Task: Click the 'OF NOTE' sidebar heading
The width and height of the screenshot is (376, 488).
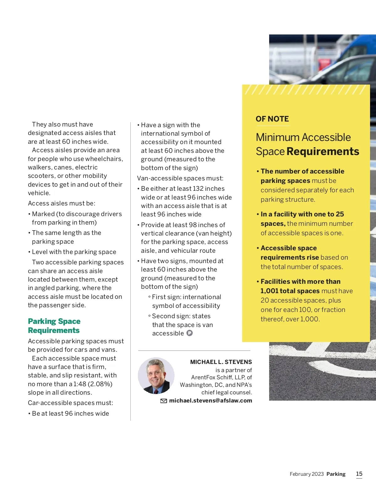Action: [272, 119]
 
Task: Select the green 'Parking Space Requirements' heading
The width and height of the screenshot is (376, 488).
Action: [54, 326]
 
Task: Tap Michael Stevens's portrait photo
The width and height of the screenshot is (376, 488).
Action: [156, 376]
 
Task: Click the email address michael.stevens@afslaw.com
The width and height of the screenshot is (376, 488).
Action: [211, 401]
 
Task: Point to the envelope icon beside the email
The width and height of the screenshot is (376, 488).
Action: [164, 401]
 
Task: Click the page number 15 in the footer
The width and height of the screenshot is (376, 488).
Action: [359, 474]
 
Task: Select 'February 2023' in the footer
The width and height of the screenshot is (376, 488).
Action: [306, 474]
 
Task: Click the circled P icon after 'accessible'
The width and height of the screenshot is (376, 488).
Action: [190, 333]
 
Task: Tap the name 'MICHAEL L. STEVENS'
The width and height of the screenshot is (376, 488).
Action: [221, 362]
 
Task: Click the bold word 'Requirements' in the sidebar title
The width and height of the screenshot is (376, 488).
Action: [323, 152]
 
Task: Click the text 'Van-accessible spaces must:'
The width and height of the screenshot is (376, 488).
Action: [180, 178]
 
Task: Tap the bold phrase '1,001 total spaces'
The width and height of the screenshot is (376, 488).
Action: [290, 291]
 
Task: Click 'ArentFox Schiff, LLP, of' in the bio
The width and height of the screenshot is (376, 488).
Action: [221, 377]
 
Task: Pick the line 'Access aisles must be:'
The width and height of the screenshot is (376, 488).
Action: [61, 203]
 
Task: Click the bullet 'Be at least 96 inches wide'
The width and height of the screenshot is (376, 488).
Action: [70, 413]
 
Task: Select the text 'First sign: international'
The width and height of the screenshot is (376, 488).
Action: [186, 297]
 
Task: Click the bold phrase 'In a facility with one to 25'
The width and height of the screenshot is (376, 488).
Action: [302, 214]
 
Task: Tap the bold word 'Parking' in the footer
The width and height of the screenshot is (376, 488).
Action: [336, 474]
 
